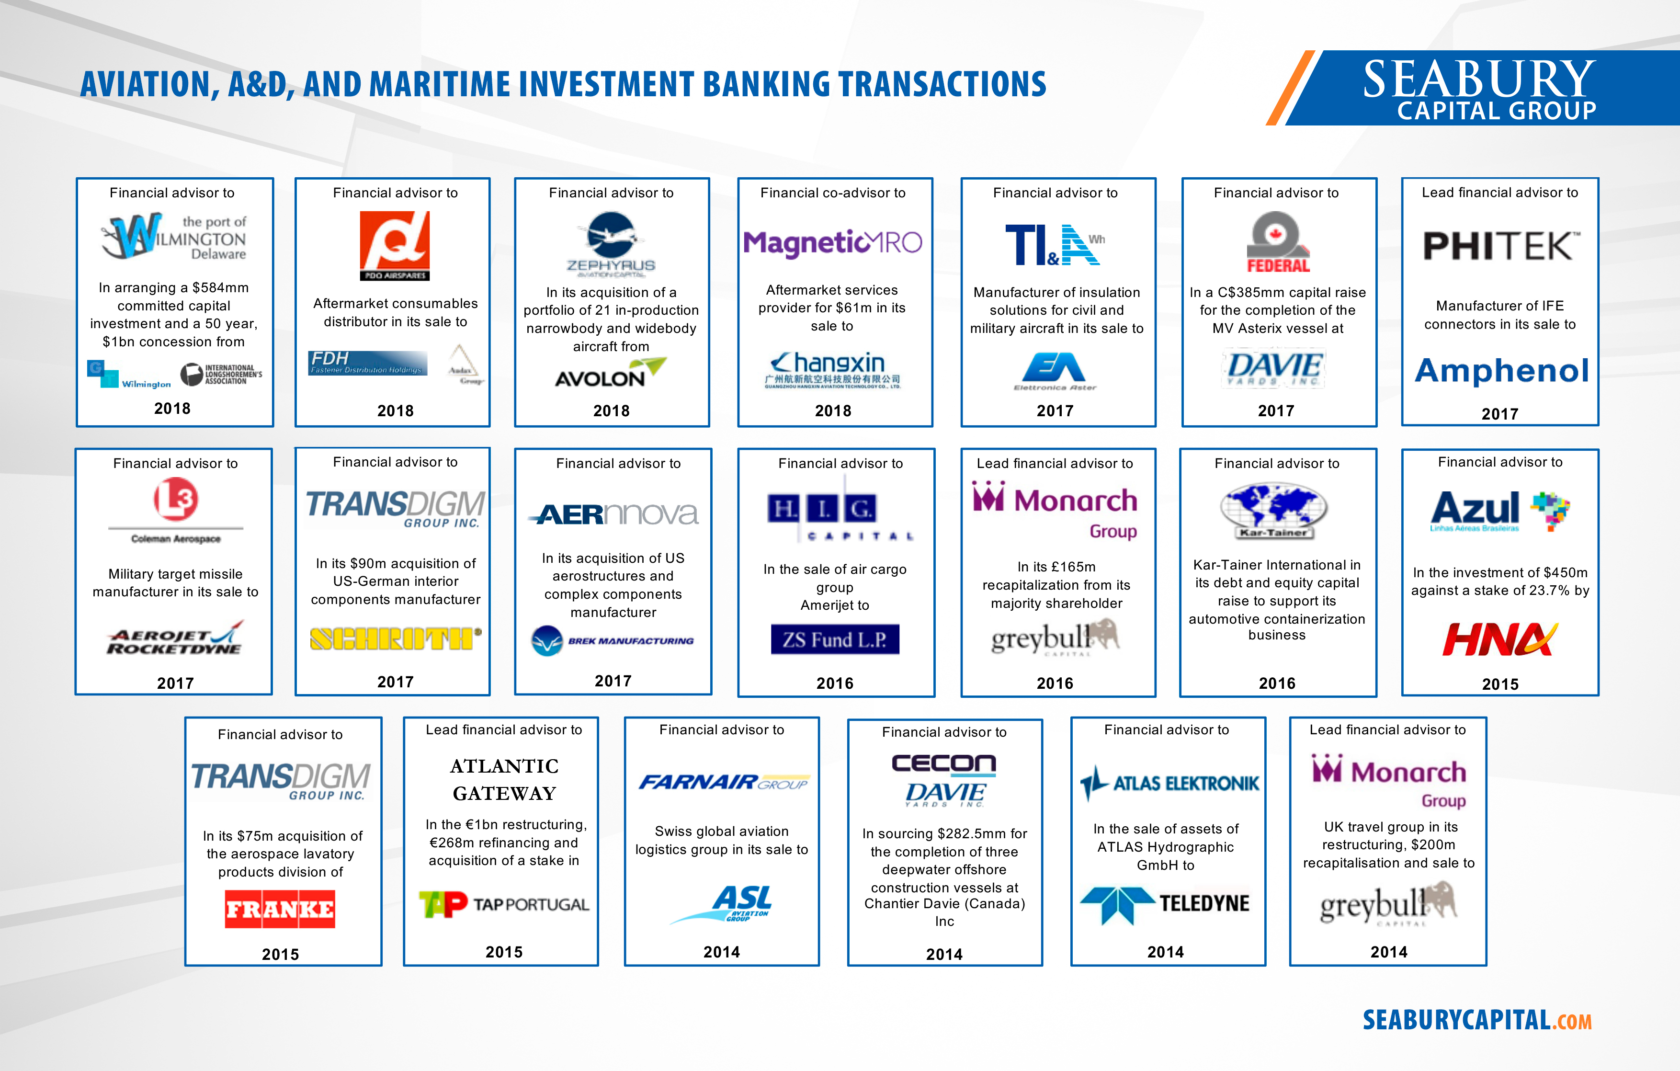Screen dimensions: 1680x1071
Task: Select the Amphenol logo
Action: coord(1501,370)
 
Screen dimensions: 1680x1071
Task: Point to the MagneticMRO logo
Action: coord(832,243)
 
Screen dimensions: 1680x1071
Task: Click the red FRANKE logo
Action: coord(280,909)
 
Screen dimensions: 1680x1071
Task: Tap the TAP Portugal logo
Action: coord(504,904)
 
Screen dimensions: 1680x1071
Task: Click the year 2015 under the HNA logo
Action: coord(1500,684)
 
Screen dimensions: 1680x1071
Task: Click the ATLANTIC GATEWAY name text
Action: coord(504,779)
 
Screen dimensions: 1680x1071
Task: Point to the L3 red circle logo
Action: coord(176,499)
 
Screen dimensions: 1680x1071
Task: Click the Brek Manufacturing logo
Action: coord(613,640)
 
